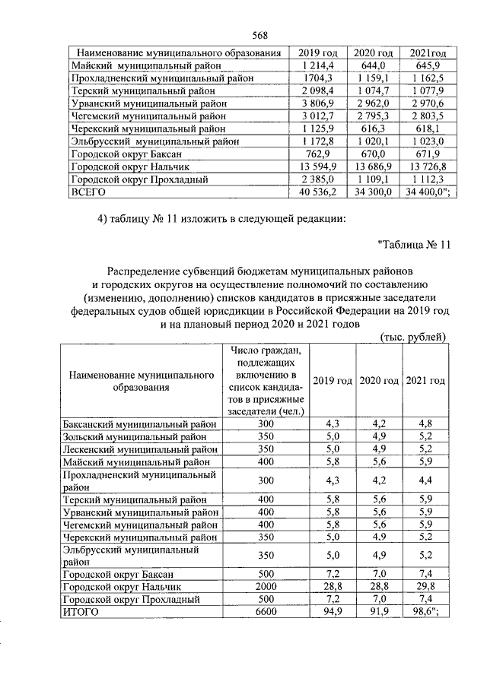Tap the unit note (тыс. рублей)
(412, 337)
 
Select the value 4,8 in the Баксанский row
(425, 423)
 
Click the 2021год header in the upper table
(427, 53)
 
